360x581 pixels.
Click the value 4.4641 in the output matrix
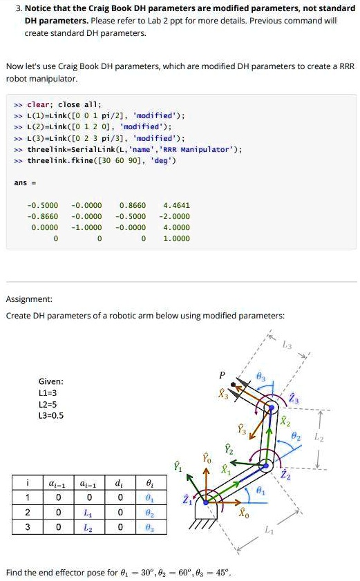click(x=176, y=205)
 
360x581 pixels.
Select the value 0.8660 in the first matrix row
click(x=133, y=205)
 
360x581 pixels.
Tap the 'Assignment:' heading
click(x=29, y=299)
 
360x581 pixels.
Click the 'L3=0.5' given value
click(x=51, y=415)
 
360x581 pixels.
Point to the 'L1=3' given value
click(x=48, y=393)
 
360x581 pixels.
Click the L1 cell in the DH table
click(x=88, y=513)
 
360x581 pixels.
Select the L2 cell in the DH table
click(x=88, y=528)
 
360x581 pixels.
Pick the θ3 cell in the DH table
click(x=149, y=528)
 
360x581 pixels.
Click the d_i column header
click(x=119, y=483)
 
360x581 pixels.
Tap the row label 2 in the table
click(x=28, y=513)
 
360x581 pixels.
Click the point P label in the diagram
click(x=222, y=375)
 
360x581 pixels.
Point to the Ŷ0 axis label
click(x=207, y=458)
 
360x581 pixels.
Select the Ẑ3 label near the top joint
click(x=294, y=399)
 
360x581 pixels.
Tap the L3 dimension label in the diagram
click(x=287, y=345)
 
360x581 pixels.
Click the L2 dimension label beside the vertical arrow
click(x=319, y=437)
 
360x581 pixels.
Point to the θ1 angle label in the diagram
click(x=260, y=490)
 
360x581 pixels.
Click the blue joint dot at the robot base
click(x=206, y=502)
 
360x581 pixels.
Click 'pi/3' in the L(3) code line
click(x=115, y=138)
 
